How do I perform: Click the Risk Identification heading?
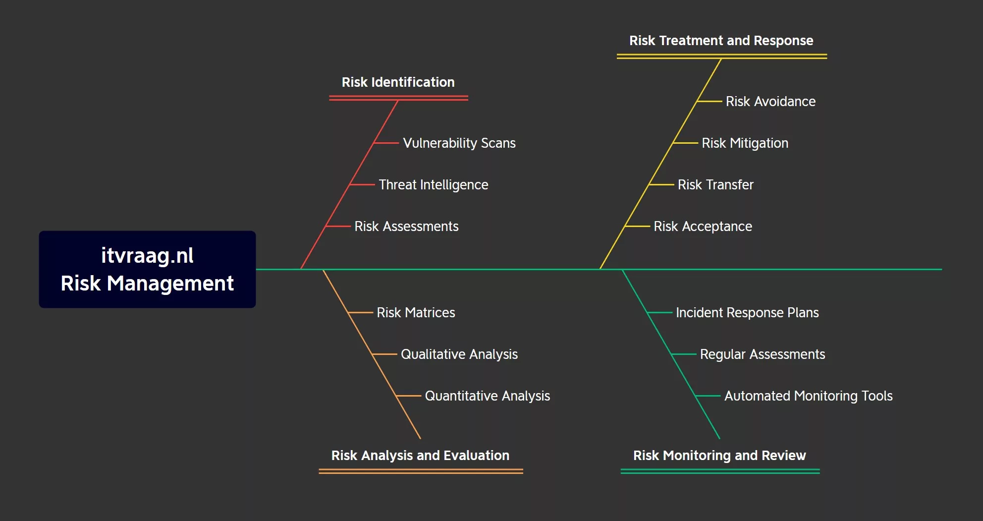pyautogui.click(x=398, y=82)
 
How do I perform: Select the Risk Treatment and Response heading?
pyautogui.click(x=721, y=41)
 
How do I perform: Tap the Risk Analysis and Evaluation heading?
pyautogui.click(x=420, y=456)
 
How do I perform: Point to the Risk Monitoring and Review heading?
pyautogui.click(x=719, y=456)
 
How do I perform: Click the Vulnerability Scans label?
pyautogui.click(x=459, y=143)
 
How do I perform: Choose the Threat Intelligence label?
pyautogui.click(x=433, y=185)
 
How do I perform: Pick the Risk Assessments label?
pyautogui.click(x=406, y=227)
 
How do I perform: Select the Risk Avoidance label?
pyautogui.click(x=770, y=102)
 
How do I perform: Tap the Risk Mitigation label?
pyautogui.click(x=745, y=143)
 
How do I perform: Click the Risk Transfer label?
pyautogui.click(x=715, y=185)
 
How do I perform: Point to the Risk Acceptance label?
pyautogui.click(x=703, y=227)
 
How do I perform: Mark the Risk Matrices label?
pyautogui.click(x=416, y=313)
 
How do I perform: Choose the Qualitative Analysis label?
pyautogui.click(x=459, y=354)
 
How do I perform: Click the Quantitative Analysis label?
pyautogui.click(x=487, y=396)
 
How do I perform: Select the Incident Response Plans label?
pyautogui.click(x=747, y=313)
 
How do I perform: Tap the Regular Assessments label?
pyautogui.click(x=762, y=354)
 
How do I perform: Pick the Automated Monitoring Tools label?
pyautogui.click(x=808, y=396)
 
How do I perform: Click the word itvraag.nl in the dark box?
pyautogui.click(x=147, y=256)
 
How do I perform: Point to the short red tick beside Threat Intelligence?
pyautogui.click(x=362, y=184)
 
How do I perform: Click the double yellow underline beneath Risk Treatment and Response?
pyautogui.click(x=721, y=57)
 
